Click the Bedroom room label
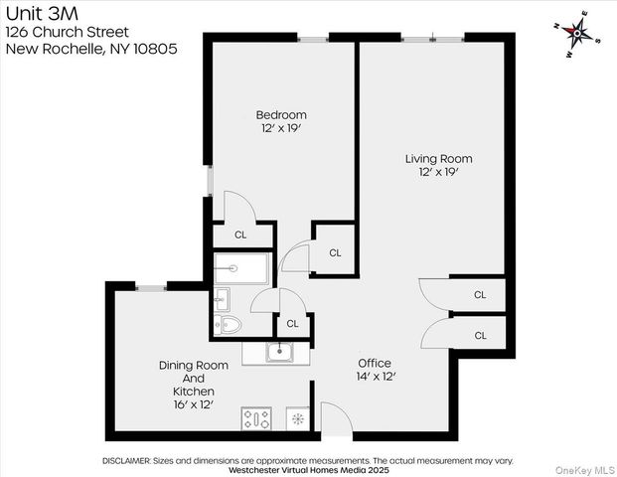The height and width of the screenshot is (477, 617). tap(280, 114)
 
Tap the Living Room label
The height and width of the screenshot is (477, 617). tap(438, 158)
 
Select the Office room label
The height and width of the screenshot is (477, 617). tap(375, 363)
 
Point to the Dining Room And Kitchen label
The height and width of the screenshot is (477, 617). tap(194, 379)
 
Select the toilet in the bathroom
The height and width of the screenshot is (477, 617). tap(230, 323)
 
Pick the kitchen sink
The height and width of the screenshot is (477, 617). tap(279, 351)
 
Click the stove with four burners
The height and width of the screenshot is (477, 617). tap(257, 418)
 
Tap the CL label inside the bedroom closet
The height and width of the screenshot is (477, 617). tap(240, 236)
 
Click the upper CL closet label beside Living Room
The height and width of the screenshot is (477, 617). tap(480, 295)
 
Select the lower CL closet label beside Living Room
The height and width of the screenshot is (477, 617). tap(480, 336)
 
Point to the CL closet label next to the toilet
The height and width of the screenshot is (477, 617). tap(293, 324)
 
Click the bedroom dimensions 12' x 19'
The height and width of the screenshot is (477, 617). tap(280, 129)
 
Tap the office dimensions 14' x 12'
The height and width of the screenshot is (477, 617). tap(375, 378)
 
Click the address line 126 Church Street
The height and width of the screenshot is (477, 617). tap(68, 31)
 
